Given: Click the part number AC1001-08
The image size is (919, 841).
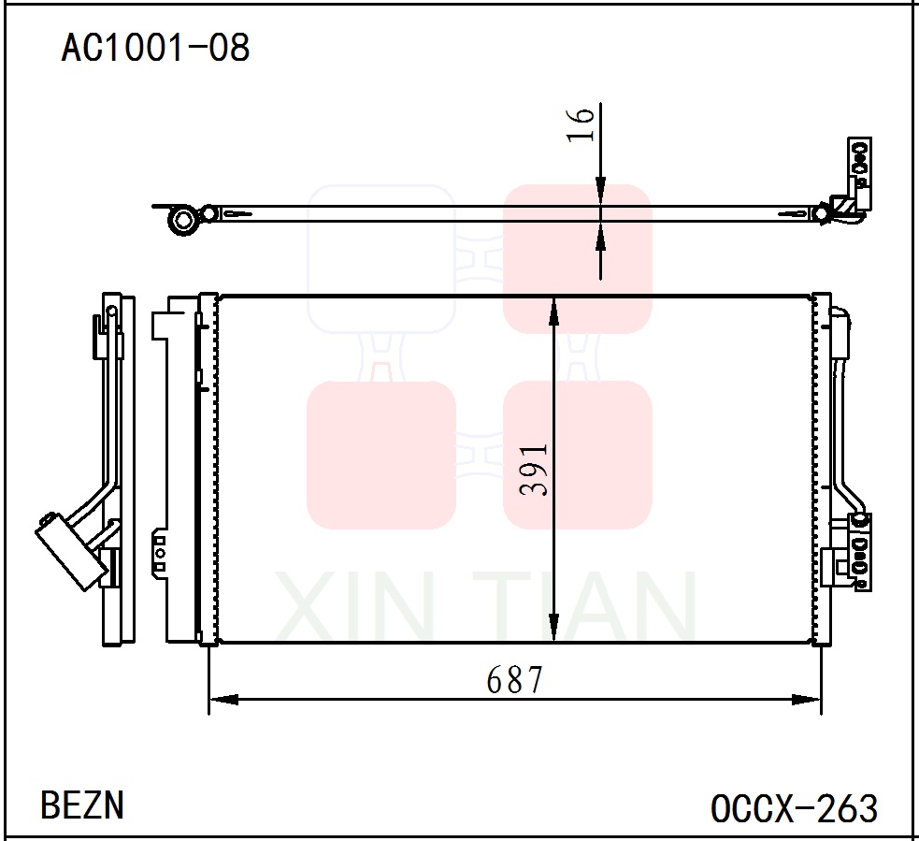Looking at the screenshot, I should [x=155, y=47].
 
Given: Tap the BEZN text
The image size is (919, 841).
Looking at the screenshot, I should [x=82, y=805].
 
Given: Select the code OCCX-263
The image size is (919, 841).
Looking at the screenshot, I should [x=794, y=807].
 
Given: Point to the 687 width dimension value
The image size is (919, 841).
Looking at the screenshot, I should [x=514, y=680].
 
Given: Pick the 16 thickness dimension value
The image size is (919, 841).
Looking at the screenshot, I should [x=580, y=123].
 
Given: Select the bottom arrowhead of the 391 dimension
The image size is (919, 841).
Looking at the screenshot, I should [x=554, y=629].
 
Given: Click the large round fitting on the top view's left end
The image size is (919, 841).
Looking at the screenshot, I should [x=183, y=221].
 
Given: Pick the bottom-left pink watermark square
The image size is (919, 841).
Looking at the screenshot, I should [x=381, y=455].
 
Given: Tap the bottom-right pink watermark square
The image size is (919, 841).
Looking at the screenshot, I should [x=577, y=455].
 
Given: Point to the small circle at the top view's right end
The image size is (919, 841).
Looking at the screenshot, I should [x=820, y=214].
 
